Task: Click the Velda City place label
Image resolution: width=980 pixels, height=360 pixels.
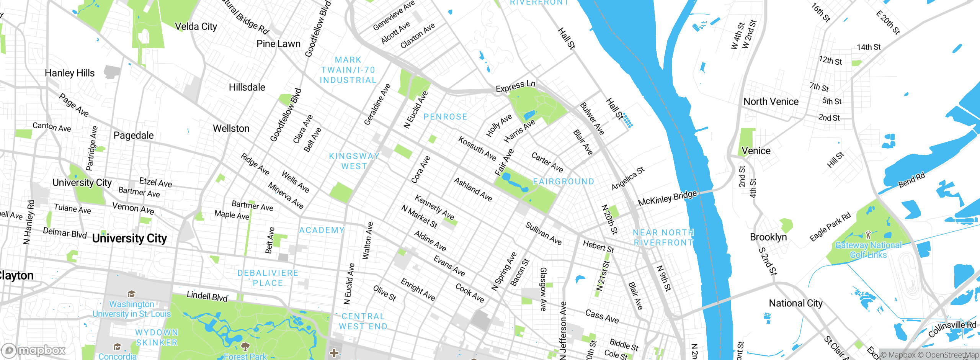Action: pyautogui.click(x=196, y=26)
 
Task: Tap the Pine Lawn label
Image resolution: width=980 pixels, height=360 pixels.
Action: pyautogui.click(x=278, y=44)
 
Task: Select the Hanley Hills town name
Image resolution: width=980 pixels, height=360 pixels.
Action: pyautogui.click(x=69, y=73)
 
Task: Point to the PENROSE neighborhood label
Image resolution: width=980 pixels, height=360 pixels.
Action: pyautogui.click(x=445, y=117)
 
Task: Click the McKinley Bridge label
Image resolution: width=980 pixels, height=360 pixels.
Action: pyautogui.click(x=667, y=198)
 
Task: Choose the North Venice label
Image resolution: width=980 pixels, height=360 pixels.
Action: pyautogui.click(x=771, y=101)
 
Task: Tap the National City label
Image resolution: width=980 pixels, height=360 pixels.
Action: pyautogui.click(x=795, y=303)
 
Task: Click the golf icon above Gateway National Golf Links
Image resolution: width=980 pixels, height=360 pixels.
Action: pyautogui.click(x=868, y=234)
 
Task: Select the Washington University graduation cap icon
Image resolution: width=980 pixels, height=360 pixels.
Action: pyautogui.click(x=131, y=294)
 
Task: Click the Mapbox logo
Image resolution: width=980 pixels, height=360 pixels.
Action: pyautogui.click(x=34, y=350)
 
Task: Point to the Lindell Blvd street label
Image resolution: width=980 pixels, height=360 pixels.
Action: pyautogui.click(x=207, y=296)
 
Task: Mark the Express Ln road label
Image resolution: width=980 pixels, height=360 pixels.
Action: pyautogui.click(x=515, y=87)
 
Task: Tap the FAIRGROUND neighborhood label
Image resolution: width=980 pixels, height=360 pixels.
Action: pyautogui.click(x=563, y=181)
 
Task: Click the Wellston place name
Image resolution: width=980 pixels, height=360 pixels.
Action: pyautogui.click(x=231, y=128)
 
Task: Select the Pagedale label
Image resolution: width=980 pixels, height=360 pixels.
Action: pyautogui.click(x=134, y=135)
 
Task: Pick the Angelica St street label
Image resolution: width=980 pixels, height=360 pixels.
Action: pyautogui.click(x=628, y=178)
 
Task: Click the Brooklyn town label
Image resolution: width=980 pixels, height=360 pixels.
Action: pyautogui.click(x=768, y=237)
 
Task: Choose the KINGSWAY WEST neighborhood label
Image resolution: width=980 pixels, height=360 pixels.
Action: pyautogui.click(x=354, y=161)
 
